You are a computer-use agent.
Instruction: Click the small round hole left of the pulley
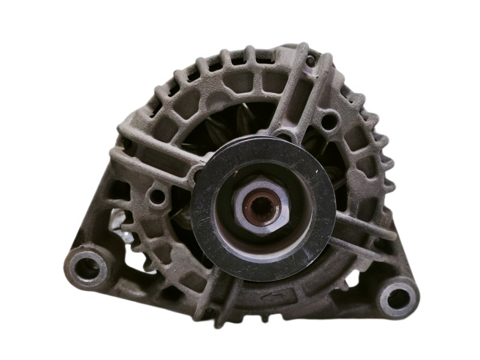click(158, 195)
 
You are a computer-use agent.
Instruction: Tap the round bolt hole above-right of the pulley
click(328, 123)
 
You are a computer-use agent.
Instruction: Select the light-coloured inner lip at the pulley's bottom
click(264, 255)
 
